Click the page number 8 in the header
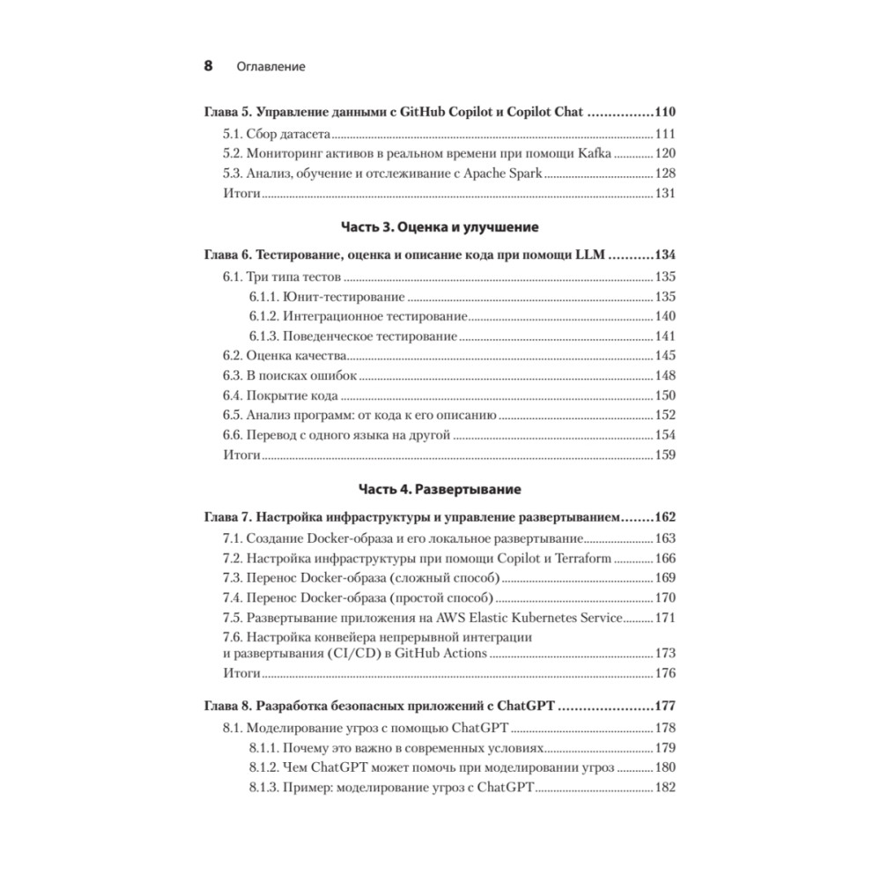pos(208,66)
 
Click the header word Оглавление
pos(270,67)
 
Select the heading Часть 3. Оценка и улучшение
pos(440,227)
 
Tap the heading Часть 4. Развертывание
pos(440,488)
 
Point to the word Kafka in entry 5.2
pos(595,153)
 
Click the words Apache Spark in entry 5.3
pos(504,174)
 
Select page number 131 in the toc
pos(664,194)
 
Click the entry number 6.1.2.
pos(263,316)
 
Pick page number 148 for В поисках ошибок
pos(664,376)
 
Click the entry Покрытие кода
pos(292,396)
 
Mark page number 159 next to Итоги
pos(664,455)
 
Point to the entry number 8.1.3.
pos(263,788)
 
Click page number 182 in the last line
pos(664,788)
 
